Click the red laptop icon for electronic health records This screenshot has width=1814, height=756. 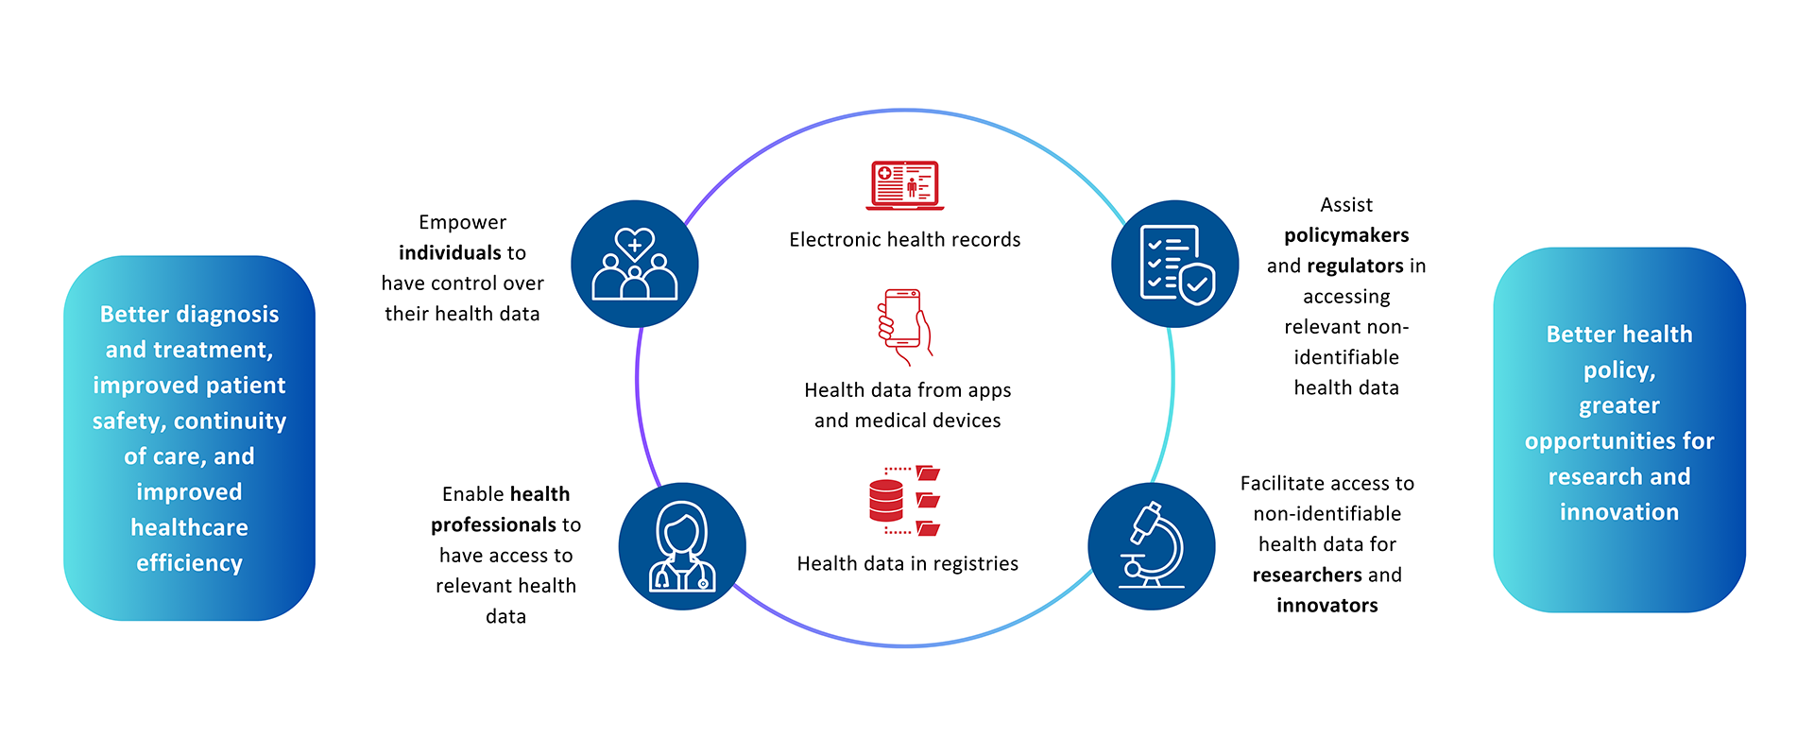[904, 185]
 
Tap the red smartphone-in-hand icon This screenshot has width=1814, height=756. [904, 326]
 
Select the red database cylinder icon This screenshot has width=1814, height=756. [886, 501]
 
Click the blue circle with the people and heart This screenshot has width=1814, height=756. [635, 264]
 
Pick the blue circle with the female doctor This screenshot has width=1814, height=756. [682, 546]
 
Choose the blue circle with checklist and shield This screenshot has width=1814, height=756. [1175, 264]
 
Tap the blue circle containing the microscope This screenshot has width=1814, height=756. [1152, 546]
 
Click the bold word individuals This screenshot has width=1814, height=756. [451, 252]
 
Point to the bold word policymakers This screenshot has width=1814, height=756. [1346, 235]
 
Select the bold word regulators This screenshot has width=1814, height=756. [1355, 266]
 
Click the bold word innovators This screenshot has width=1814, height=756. [1326, 605]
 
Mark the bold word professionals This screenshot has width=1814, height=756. [493, 524]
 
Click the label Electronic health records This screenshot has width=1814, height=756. [904, 240]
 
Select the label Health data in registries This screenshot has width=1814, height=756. [907, 564]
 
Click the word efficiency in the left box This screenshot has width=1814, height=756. [189, 563]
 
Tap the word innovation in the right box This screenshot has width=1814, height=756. [1618, 512]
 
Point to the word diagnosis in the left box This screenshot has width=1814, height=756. [227, 315]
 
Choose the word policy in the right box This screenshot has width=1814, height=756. [1618, 370]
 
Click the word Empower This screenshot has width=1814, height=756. [462, 222]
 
